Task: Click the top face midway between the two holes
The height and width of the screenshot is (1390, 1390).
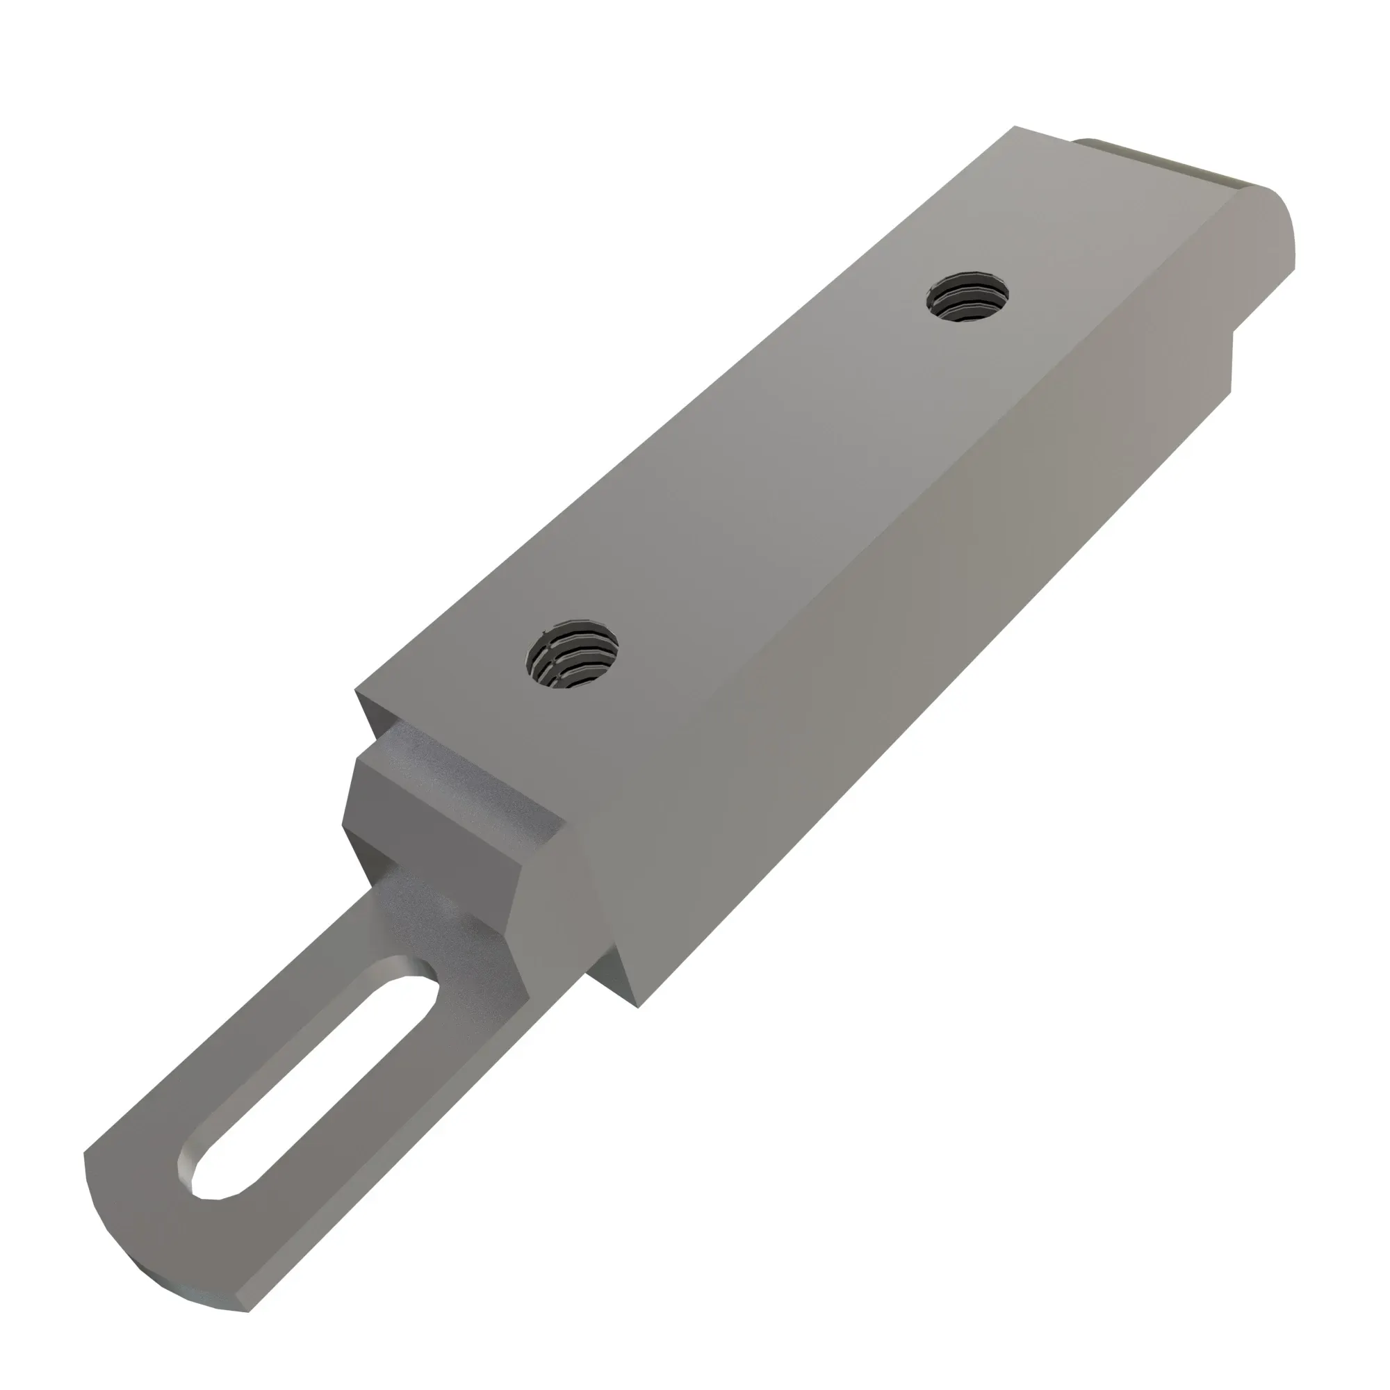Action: click(770, 475)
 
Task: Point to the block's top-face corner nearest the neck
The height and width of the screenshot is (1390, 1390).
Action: click(357, 692)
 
